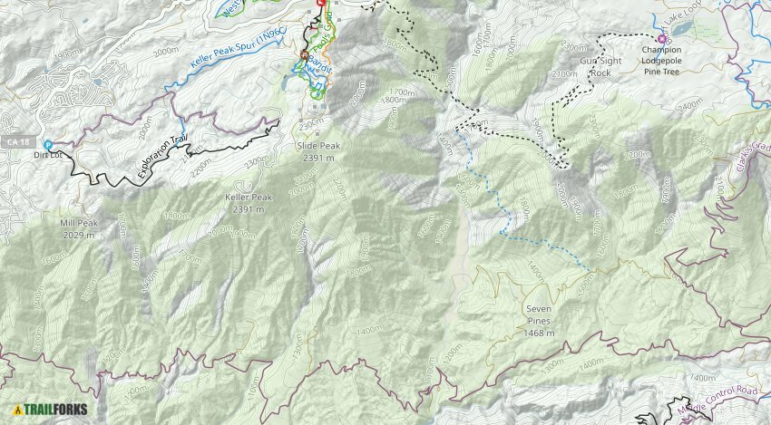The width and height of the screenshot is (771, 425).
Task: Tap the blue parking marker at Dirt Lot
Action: point(48,145)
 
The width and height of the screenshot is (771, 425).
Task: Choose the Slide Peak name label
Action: point(317,145)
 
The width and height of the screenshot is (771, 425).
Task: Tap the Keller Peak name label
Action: point(248,197)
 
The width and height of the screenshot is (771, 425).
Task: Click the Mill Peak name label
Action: point(79,222)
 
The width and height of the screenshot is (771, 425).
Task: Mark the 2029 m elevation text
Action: point(79,235)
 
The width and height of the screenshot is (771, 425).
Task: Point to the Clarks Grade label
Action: point(747,159)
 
